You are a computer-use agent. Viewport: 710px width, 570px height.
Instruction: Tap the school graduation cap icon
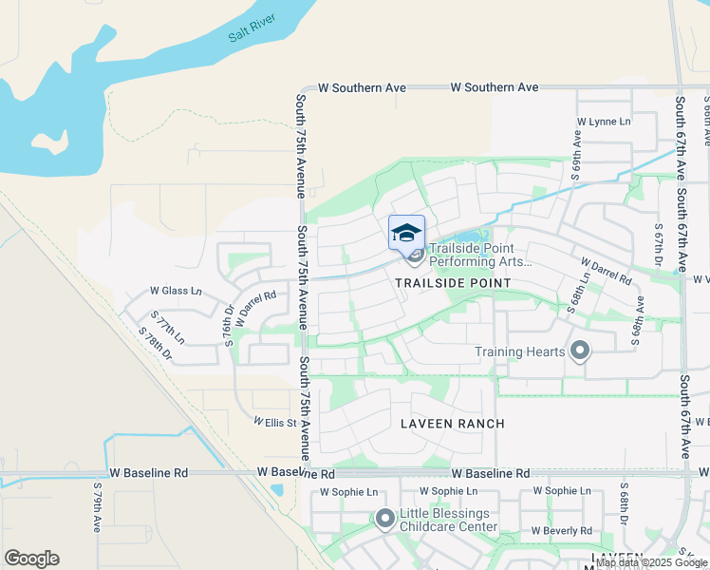click(406, 232)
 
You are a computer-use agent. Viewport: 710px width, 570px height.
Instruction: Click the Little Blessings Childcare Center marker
click(384, 519)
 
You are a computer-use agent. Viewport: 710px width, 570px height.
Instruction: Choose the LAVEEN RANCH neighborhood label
click(452, 423)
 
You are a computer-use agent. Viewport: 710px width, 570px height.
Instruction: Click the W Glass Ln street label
click(176, 291)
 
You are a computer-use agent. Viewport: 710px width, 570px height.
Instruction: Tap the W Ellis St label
click(275, 420)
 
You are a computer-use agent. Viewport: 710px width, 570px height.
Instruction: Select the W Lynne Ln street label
click(604, 122)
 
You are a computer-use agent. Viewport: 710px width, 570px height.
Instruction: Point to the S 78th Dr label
click(156, 344)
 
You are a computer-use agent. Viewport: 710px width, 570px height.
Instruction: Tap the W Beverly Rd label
click(562, 530)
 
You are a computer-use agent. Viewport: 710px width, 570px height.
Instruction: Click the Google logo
click(31, 559)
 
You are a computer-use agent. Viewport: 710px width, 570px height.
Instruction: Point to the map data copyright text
click(651, 563)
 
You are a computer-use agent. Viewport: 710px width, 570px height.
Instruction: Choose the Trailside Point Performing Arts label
click(481, 255)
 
